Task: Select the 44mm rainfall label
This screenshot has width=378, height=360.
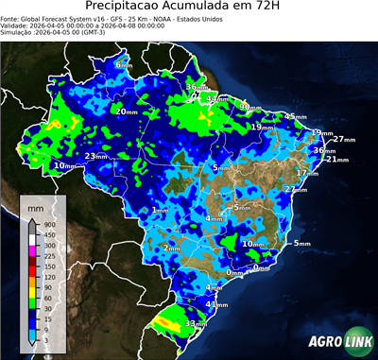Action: coord(218,98)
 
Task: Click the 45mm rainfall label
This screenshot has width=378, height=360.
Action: coord(296,116)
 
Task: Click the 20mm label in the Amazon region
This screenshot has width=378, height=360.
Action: coord(125,111)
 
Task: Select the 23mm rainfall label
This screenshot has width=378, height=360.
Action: coord(95,156)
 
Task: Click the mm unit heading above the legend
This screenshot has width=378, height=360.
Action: coord(35,203)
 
